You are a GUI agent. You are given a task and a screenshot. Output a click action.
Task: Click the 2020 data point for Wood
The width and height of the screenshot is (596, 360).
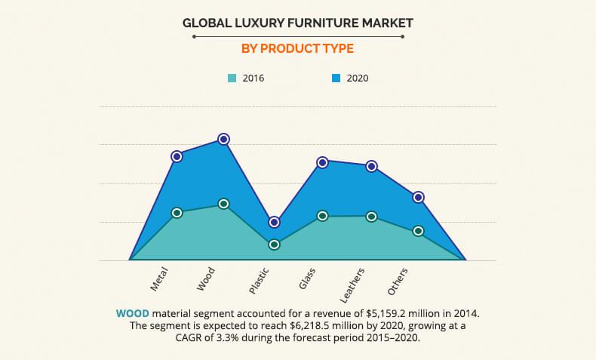pyautogui.click(x=223, y=139)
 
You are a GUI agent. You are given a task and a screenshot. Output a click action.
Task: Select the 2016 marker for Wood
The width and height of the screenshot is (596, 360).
pyautogui.click(x=223, y=204)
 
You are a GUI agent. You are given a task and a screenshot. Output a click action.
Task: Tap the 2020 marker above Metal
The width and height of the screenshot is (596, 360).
pyautogui.click(x=177, y=156)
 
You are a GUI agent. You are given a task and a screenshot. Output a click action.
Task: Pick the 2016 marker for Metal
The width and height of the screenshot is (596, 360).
pyautogui.click(x=177, y=213)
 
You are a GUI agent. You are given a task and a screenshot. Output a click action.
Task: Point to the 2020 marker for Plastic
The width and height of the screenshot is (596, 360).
pyautogui.click(x=274, y=223)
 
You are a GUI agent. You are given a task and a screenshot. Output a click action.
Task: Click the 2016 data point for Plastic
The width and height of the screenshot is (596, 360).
pyautogui.click(x=274, y=245)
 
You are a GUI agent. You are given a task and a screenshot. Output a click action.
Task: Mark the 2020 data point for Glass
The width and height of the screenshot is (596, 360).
pyautogui.click(x=322, y=162)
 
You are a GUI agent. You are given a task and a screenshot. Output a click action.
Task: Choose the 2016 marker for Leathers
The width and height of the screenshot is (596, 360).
pyautogui.click(x=371, y=217)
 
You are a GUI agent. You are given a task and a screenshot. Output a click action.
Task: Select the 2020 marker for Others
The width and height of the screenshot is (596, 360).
pyautogui.click(x=418, y=198)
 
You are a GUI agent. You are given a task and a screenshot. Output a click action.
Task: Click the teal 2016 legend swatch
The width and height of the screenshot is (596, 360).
pyautogui.click(x=232, y=78)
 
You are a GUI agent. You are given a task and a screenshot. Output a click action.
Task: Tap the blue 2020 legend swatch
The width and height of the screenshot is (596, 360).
pyautogui.click(x=336, y=78)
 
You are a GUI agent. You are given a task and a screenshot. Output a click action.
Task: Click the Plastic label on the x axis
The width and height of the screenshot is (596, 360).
pyautogui.click(x=260, y=280)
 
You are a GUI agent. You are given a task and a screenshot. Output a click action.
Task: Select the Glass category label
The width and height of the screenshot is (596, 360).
pyautogui.click(x=307, y=278)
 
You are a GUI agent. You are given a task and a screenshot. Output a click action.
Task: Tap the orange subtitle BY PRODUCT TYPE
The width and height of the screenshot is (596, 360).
pyautogui.click(x=297, y=49)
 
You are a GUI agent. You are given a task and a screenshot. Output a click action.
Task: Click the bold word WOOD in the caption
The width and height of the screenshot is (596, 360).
pyautogui.click(x=131, y=312)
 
